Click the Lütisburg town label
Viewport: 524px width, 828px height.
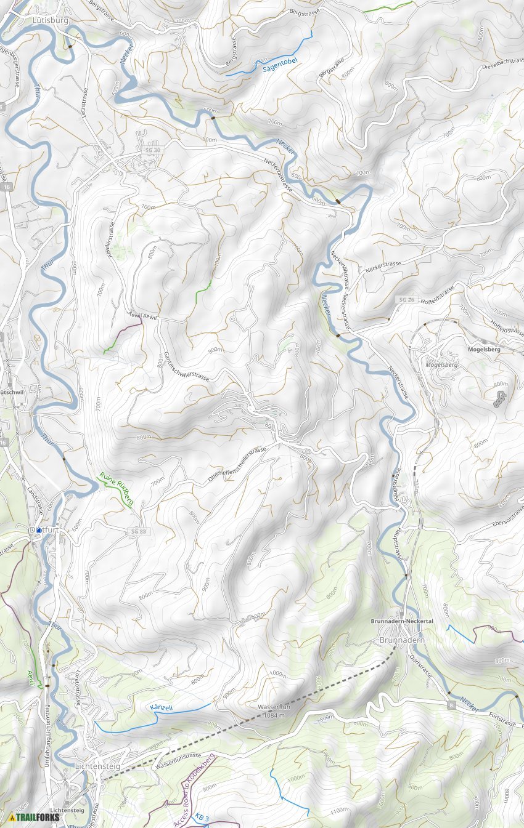click(50, 20)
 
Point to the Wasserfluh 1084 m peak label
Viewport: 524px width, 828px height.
click(273, 711)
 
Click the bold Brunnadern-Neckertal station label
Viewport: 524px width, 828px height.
click(402, 622)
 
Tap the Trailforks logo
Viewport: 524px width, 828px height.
click(35, 818)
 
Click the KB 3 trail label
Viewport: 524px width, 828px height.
click(202, 817)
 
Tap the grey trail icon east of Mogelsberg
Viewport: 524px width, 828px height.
click(497, 399)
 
